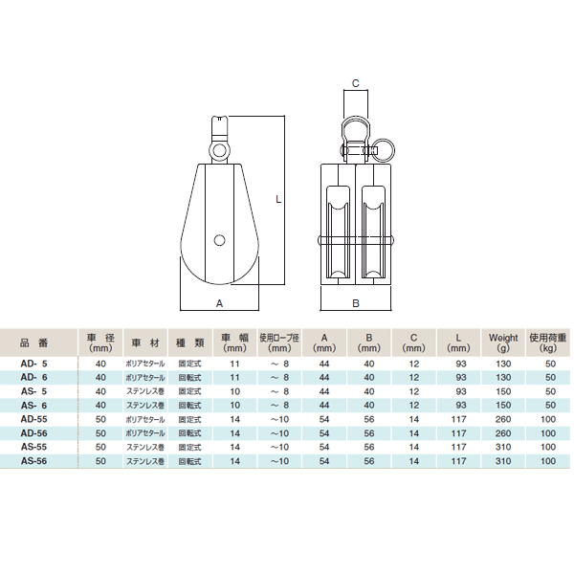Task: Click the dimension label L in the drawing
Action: [277, 199]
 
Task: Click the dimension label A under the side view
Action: [219, 302]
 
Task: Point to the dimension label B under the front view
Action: [355, 303]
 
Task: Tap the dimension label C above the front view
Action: [355, 84]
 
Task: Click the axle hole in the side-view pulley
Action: [220, 239]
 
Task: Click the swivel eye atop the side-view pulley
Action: [220, 150]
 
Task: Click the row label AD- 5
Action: [34, 364]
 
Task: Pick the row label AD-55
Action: [34, 419]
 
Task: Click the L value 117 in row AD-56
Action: [459, 432]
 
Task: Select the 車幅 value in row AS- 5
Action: [233, 391]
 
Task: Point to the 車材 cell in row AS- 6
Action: [143, 406]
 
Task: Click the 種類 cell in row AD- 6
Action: [188, 378]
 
